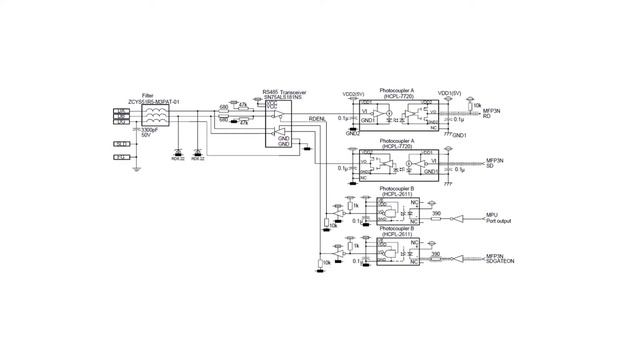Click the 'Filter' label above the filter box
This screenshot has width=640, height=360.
[x=148, y=96]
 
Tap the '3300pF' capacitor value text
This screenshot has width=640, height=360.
[x=151, y=130]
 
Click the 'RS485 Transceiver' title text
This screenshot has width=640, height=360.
[x=283, y=91]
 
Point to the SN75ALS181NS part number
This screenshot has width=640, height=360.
[x=282, y=97]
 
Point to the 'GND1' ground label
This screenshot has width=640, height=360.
[x=461, y=134]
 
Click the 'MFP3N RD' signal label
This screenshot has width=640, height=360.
[x=493, y=113]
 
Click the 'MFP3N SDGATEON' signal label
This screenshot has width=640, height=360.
[x=499, y=258]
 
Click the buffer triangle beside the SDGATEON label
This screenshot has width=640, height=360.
[x=457, y=258]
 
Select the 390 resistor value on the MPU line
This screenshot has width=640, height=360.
[x=436, y=212]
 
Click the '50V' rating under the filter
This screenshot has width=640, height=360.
[x=145, y=136]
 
